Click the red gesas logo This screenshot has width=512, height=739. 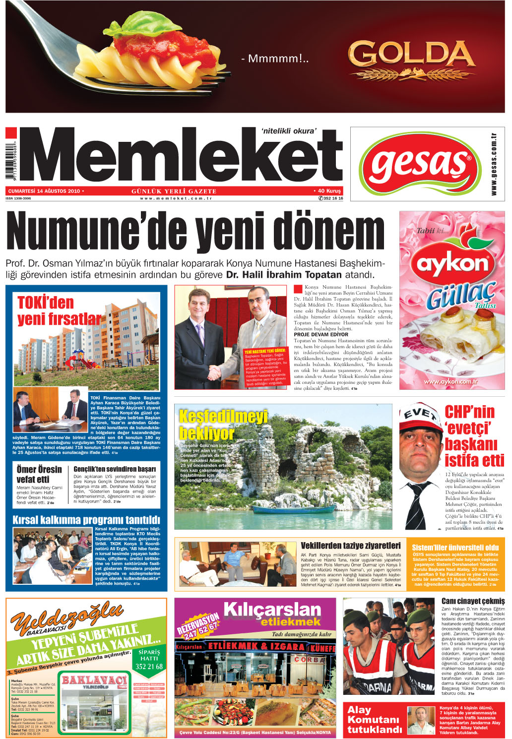pos(420,164)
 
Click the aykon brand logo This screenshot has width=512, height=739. pos(452,263)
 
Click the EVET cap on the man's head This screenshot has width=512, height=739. pos(420,415)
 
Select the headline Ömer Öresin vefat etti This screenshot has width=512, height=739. pos(39,474)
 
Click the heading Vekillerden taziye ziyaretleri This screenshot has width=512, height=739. pos(350,546)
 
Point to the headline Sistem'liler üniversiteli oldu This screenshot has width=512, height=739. pos(455,547)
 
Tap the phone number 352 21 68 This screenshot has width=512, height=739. pos(149,666)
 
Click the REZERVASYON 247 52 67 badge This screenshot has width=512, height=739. pos(198,626)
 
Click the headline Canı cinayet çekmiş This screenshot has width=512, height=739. pos(472,601)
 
